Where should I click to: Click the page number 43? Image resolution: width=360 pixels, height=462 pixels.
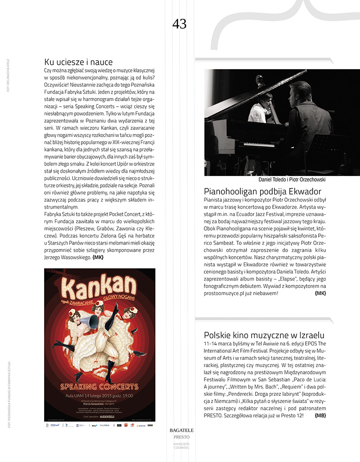pos(179,24)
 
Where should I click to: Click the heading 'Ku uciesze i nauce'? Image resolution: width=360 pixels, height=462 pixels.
pos(78,62)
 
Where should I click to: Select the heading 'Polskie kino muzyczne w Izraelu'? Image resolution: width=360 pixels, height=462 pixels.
pos(264,335)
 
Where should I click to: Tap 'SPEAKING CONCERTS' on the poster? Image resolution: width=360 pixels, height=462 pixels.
pos(99,386)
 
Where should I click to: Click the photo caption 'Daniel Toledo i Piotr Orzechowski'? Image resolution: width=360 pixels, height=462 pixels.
pos(292,179)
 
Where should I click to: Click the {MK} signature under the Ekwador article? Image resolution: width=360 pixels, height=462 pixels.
pos(320,293)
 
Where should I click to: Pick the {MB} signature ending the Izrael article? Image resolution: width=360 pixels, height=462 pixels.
pos(320,415)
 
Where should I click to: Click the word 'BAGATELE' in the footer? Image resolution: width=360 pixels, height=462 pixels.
pos(181,431)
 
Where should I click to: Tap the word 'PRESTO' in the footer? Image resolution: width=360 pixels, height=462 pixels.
pos(181,437)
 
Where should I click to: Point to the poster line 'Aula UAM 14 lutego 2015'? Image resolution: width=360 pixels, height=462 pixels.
pos(99,395)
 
